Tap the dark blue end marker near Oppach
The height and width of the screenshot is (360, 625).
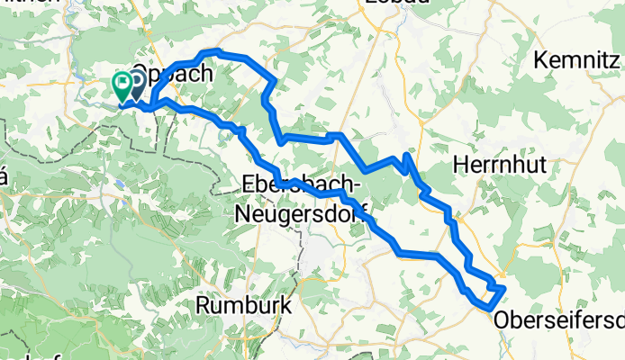(x=137, y=84)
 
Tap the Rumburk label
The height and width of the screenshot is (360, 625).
(x=244, y=306)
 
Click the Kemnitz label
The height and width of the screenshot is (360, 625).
(x=576, y=61)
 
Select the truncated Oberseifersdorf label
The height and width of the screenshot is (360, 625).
(x=558, y=319)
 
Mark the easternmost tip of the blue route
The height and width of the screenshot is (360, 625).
(x=505, y=288)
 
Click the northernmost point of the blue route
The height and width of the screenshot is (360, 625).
(x=213, y=51)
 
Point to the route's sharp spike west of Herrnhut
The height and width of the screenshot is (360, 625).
(x=407, y=156)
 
